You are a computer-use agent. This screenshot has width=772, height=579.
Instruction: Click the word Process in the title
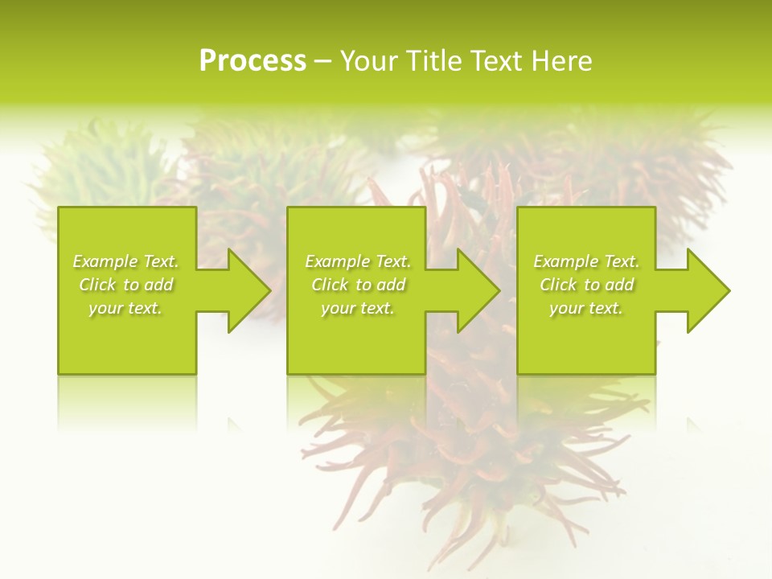pos(253,61)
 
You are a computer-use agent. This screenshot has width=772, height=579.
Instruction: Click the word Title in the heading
pos(432,61)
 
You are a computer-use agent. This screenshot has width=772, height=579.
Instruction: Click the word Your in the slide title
pos(369,61)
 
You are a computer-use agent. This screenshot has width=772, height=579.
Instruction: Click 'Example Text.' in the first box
pos(126,261)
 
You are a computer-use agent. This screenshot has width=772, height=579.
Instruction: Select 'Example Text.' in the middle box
pos(358,261)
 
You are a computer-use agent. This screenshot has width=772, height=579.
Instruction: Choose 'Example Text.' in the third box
pos(586,261)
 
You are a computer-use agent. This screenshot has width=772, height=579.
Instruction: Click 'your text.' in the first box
pos(125,308)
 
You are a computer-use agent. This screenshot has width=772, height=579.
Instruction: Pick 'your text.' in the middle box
pos(357,308)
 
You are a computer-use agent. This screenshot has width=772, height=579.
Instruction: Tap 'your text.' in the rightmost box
pos(585,308)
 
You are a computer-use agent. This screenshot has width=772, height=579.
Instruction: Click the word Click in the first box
pos(98,285)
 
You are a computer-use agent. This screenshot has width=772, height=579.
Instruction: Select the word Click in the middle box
pos(330,285)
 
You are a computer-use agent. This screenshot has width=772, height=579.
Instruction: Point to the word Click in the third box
pos(558,285)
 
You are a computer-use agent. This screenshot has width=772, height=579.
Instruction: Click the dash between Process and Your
pos(322,62)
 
